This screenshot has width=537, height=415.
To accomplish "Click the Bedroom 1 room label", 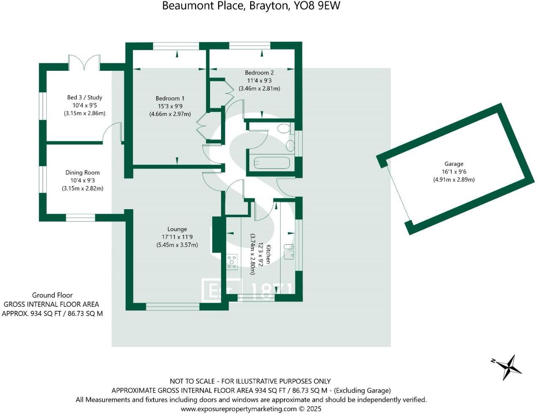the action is pos(170,98).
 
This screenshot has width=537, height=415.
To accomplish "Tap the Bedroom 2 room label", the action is pos(259,73).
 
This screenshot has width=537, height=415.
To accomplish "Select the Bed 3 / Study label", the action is pos(84,97).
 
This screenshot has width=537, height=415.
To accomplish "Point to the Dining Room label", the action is pos(83,172).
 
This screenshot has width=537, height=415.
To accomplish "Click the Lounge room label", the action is pos(177,229).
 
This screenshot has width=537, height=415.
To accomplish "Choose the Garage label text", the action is pos(453,164).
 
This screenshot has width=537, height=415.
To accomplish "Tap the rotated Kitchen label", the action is pos(267,254).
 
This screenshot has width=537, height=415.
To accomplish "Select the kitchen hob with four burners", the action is pos(232,261).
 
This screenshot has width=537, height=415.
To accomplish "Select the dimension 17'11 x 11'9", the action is pos(177,237).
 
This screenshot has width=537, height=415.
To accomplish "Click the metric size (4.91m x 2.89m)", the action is pos(453,179).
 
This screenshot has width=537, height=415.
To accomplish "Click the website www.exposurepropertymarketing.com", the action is pos(239,409).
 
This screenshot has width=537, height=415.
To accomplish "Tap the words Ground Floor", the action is pos(52,295).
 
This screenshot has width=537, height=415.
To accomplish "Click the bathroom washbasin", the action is pos(290,146).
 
